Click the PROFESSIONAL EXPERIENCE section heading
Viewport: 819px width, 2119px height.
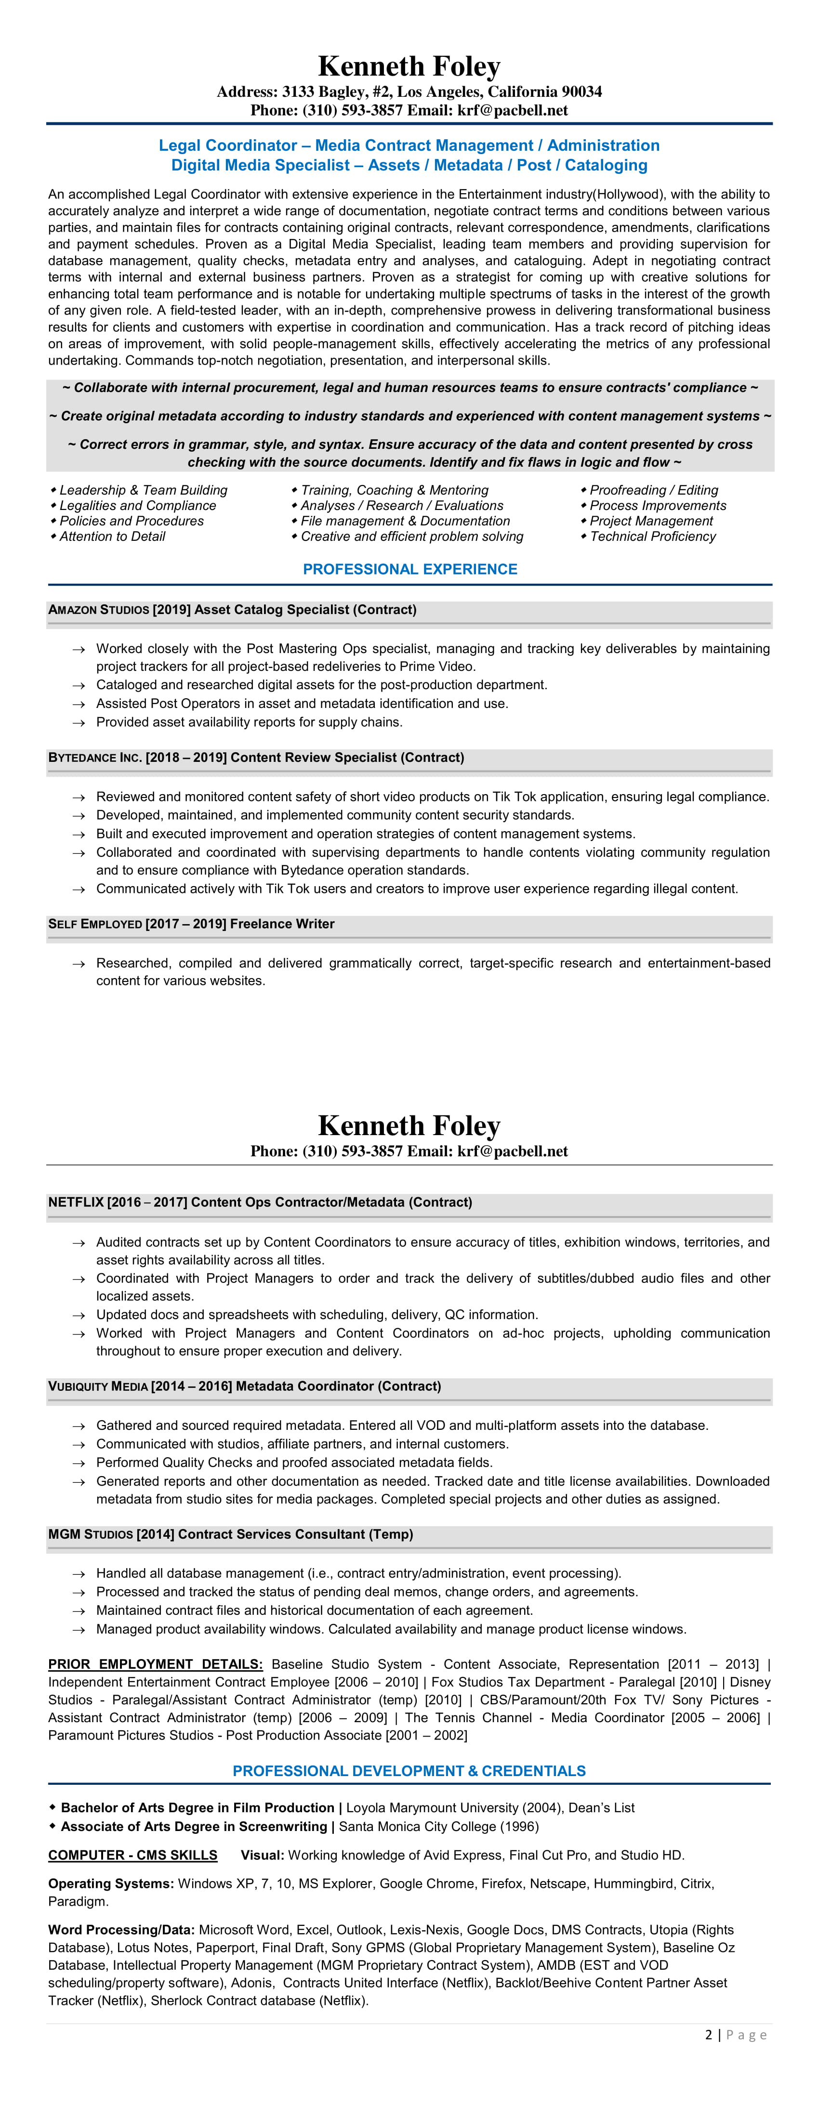click(410, 569)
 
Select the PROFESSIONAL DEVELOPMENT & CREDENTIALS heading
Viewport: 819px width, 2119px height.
click(409, 1771)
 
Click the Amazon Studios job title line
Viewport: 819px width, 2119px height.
click(232, 610)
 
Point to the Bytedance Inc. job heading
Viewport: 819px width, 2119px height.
click(256, 758)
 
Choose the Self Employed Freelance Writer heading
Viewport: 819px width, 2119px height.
click(191, 924)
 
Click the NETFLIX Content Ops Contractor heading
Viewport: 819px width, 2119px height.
click(260, 1202)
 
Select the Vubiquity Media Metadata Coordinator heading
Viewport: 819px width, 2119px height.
click(244, 1386)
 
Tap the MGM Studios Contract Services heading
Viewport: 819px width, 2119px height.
click(230, 1534)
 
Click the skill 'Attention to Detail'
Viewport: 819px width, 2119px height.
click(112, 536)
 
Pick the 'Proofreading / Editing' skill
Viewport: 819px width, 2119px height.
click(654, 490)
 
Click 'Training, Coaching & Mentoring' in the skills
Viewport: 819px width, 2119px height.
click(394, 490)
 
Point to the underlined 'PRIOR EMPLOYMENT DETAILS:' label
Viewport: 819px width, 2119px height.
click(156, 1664)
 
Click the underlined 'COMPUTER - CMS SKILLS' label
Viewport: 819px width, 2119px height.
click(132, 1855)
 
